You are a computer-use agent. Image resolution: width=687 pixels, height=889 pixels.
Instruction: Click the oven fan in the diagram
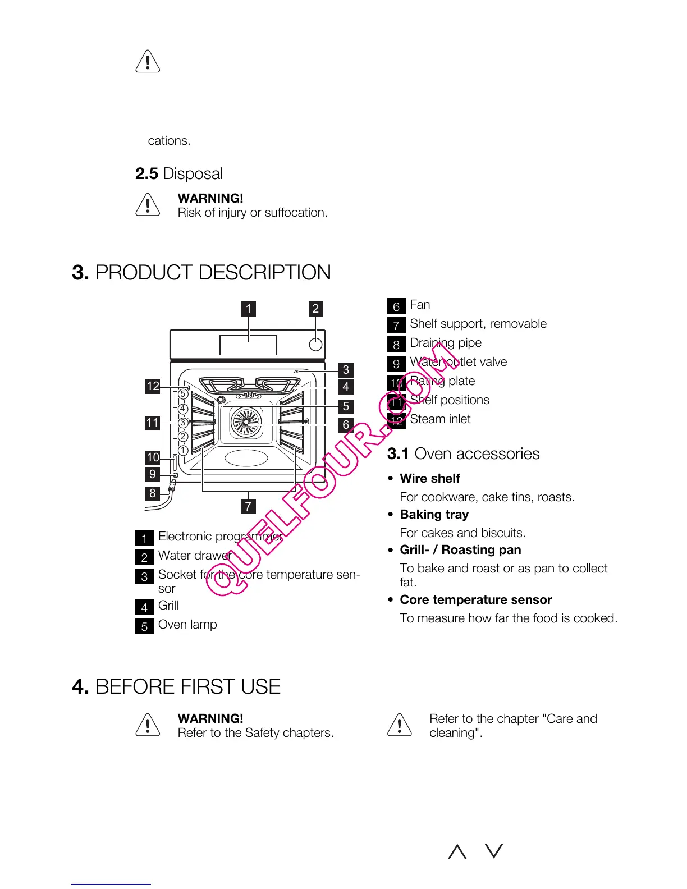(246, 423)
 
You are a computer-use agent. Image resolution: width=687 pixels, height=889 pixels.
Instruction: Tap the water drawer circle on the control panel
(316, 344)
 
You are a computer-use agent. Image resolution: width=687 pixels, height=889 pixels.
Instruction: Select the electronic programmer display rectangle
(248, 345)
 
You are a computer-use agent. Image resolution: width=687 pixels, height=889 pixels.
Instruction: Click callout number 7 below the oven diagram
(248, 506)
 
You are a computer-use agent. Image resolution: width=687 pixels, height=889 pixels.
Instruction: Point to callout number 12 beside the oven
(153, 386)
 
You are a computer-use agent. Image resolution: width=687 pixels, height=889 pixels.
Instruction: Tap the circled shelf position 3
(183, 423)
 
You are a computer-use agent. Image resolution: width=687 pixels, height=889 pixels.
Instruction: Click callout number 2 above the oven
(315, 309)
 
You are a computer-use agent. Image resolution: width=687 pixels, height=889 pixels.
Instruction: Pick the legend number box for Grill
(144, 607)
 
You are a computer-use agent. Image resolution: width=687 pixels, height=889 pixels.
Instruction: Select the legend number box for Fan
(396, 306)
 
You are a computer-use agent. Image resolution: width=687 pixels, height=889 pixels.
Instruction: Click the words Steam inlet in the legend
(440, 419)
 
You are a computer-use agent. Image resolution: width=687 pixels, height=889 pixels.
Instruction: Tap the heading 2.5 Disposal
(179, 174)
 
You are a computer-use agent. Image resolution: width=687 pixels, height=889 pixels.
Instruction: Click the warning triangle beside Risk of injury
(148, 205)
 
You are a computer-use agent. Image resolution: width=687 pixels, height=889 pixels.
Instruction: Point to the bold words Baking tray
(434, 515)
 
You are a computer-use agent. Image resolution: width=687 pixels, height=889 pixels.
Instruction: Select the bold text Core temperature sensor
(475, 600)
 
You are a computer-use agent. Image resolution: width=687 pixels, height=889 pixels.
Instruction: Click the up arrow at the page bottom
(457, 851)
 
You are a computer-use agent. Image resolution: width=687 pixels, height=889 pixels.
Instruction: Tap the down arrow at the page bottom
(494, 851)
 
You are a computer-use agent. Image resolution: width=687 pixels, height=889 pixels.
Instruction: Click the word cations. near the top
(169, 141)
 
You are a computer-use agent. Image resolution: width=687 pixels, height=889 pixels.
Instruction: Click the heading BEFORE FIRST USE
(187, 687)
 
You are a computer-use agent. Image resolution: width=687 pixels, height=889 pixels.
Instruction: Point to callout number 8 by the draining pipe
(153, 493)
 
